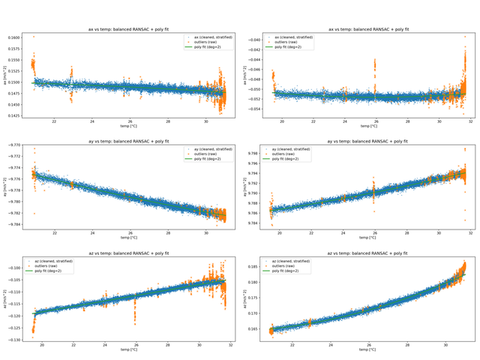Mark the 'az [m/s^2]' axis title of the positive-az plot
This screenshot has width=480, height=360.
point(248,298)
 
